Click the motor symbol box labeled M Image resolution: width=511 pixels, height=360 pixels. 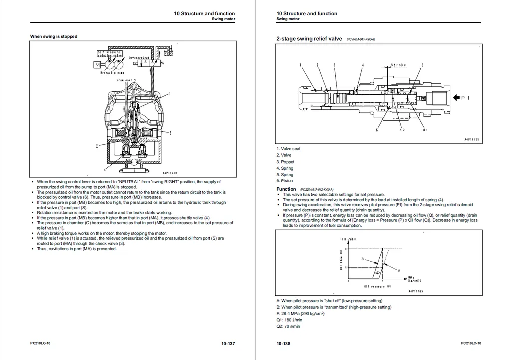pos(97,65)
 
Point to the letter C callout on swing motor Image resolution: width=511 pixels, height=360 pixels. pos(97,146)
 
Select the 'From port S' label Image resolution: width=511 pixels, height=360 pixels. pos(126,80)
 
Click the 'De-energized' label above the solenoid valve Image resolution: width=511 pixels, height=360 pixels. pos(139,58)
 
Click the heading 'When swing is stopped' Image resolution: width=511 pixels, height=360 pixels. pos(54,36)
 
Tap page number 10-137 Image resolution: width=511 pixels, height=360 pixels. pos(228,343)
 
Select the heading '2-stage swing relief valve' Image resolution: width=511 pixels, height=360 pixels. pos(309,39)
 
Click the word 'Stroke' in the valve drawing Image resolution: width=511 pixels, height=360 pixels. pos(398,65)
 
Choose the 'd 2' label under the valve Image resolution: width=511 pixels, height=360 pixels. pos(402,130)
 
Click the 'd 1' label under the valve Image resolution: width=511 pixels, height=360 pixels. pos(425,130)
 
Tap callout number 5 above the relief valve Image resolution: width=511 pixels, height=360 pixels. pos(422,65)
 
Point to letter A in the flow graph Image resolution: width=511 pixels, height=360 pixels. pos(363,259)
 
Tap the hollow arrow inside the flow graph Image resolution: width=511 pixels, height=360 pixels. pos(378,273)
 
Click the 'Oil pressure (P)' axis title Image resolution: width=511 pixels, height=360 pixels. pos(377,286)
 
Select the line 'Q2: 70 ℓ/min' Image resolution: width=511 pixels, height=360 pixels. pos(288,326)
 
